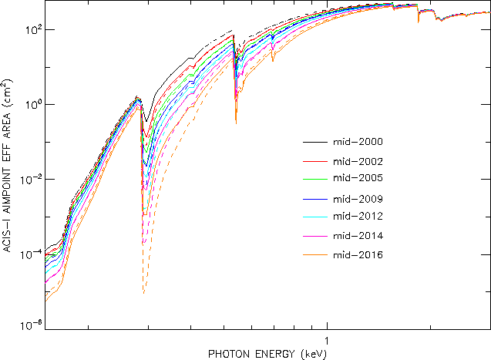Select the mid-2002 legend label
tap(357, 162)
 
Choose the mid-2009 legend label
tap(357, 199)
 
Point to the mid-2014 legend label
tap(357, 235)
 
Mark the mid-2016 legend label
tap(357, 254)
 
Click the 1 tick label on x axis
tap(328, 341)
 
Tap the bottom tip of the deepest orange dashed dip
tap(143, 294)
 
